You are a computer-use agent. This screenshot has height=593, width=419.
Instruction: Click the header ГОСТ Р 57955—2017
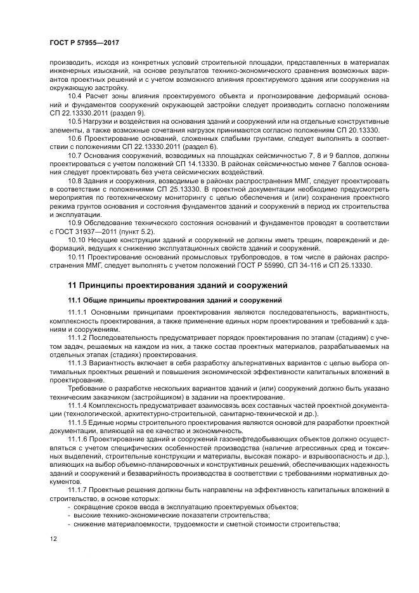click(x=84, y=42)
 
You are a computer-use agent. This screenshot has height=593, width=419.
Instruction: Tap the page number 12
click(x=53, y=538)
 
